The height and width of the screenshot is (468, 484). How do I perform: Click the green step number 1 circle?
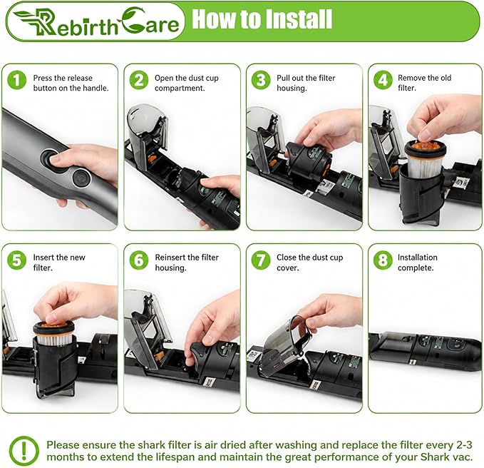coord(16,80)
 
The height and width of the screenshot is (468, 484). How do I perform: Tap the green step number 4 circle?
coord(383,80)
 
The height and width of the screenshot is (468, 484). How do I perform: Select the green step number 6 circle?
coord(138,260)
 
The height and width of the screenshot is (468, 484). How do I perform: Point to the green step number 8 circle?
coord(383,260)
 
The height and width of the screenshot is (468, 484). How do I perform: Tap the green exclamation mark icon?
coord(24,451)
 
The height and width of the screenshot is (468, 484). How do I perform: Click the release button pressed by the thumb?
coord(51,158)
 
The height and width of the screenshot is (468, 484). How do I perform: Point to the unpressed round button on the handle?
coord(81,178)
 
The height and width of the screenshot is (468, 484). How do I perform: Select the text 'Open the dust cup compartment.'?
coord(187,83)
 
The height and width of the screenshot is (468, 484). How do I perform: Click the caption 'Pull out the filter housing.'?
coord(306,83)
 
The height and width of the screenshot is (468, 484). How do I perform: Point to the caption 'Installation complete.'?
coord(417,263)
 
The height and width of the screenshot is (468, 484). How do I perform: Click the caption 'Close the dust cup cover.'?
coord(309,263)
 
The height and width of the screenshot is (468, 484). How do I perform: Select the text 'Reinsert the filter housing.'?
coord(187,263)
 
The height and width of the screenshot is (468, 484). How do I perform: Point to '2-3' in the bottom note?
coord(464,445)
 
